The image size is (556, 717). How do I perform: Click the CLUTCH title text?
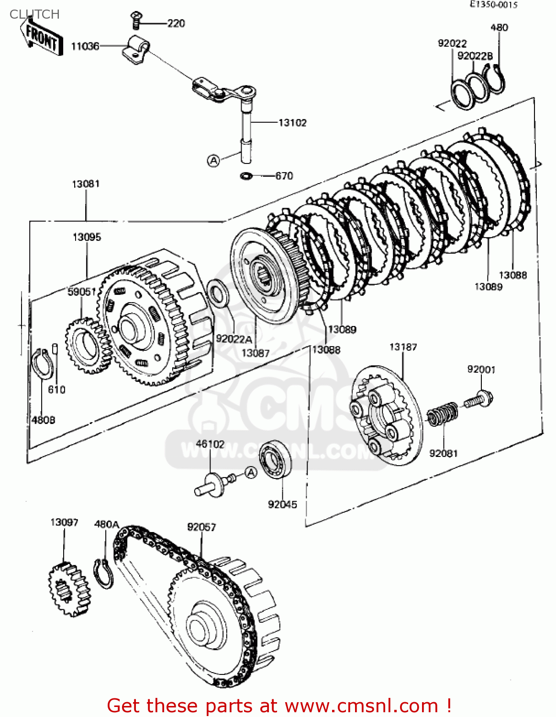[x=34, y=14]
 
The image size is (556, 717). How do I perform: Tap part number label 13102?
[x=292, y=123]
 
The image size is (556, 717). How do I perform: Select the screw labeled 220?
[x=135, y=21]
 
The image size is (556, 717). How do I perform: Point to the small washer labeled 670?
[x=246, y=176]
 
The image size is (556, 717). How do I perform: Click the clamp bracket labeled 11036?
[x=136, y=50]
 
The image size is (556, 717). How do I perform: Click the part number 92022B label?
[x=475, y=56]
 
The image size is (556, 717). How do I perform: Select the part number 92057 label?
[x=201, y=527]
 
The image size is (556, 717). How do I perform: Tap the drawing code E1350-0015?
[x=493, y=5]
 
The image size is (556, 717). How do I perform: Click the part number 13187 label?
[x=403, y=347]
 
